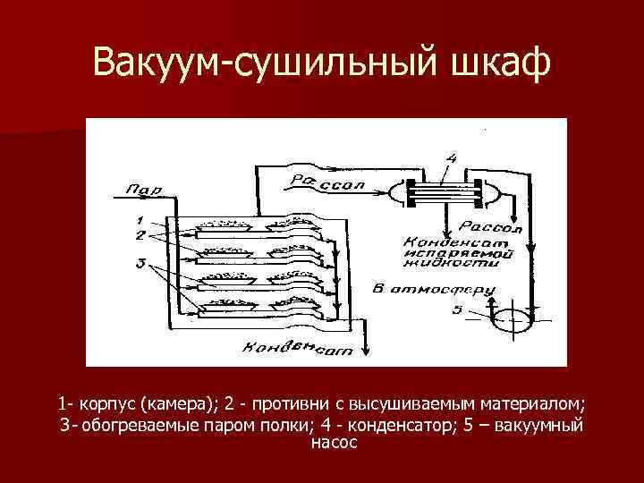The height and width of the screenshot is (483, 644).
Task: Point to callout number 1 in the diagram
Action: (138, 219)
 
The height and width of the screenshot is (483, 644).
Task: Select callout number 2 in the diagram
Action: (138, 233)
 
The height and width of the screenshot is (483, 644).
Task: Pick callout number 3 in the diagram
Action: (138, 263)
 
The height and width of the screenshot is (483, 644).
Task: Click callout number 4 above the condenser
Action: (453, 158)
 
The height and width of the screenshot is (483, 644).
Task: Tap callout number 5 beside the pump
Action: (458, 310)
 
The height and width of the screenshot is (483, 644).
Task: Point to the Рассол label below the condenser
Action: (491, 227)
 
